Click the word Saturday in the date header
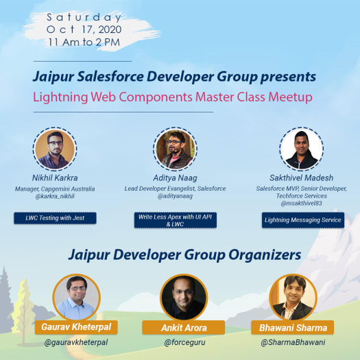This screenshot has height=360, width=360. tap(85, 17)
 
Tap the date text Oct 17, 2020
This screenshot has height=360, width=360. tap(85, 29)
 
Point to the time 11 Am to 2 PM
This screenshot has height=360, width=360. tap(85, 42)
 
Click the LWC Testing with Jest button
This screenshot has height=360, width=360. tap(56, 219)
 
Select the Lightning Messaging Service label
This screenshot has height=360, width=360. tap(302, 220)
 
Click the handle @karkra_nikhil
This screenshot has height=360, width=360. tap(55, 196)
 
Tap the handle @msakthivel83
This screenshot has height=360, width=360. tap(302, 204)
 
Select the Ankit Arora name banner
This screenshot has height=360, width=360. tap(183, 327)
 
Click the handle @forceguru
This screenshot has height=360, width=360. tap(183, 342)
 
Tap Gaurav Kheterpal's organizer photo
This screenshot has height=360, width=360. tap(77, 297)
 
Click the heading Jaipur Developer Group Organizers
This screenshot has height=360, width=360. tap(184, 255)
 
